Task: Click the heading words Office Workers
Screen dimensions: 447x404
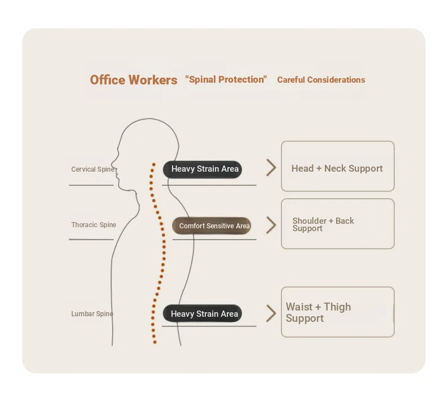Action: pyautogui.click(x=134, y=80)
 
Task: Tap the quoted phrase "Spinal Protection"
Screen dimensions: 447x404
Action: pyautogui.click(x=226, y=79)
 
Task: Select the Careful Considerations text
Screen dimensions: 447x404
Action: pyautogui.click(x=321, y=80)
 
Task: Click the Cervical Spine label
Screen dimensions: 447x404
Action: pyautogui.click(x=93, y=169)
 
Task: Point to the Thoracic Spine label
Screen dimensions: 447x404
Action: pyautogui.click(x=93, y=225)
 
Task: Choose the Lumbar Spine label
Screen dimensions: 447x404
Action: pyautogui.click(x=92, y=314)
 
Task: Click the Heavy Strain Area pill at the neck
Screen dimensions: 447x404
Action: pyautogui.click(x=203, y=169)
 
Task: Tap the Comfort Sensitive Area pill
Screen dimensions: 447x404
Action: pyautogui.click(x=212, y=226)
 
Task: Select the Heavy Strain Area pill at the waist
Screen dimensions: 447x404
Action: pyautogui.click(x=203, y=313)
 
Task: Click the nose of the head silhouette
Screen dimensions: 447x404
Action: pyautogui.click(x=112, y=163)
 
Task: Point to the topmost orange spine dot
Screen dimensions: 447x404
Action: pyautogui.click(x=154, y=164)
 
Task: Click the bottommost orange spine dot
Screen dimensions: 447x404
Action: pyautogui.click(x=155, y=342)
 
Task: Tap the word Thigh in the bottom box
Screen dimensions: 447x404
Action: pyautogui.click(x=337, y=307)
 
